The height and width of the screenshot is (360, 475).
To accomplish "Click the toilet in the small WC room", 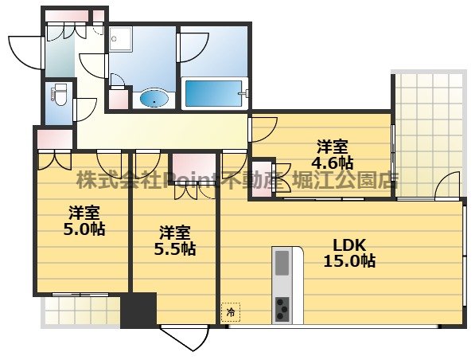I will (x=58, y=95).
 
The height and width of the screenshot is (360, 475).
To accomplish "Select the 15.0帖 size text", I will (x=348, y=260).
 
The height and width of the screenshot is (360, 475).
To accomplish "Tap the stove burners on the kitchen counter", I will (x=283, y=307).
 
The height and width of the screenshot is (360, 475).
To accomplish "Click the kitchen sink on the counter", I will (x=283, y=262).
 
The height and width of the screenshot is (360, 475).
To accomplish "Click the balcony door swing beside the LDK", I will (x=450, y=185).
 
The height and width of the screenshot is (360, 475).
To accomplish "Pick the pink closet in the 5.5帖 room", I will (x=191, y=163).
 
